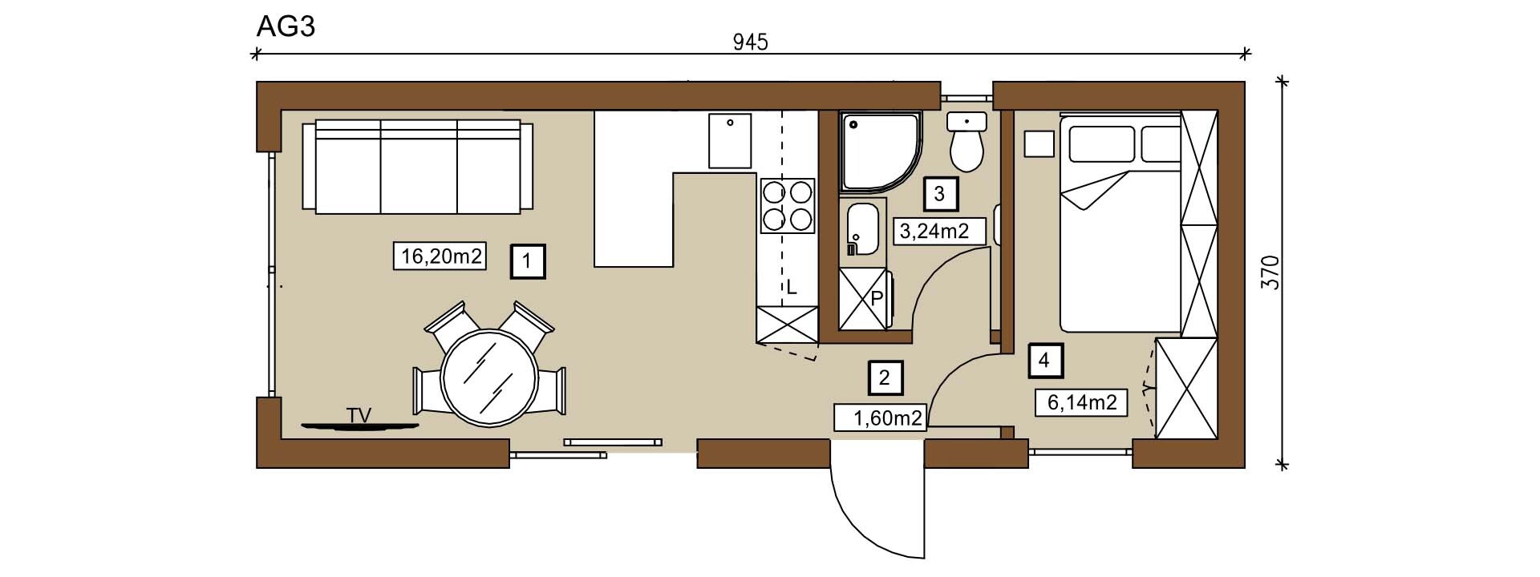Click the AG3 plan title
click(x=286, y=26)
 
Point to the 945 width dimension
click(x=751, y=42)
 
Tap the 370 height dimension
click(x=1270, y=272)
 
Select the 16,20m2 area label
click(x=440, y=256)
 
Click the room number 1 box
click(x=528, y=261)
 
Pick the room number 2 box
click(x=885, y=377)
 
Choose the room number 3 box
click(x=940, y=193)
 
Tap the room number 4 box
click(x=1044, y=361)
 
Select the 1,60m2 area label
click(x=881, y=418)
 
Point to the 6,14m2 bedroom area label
click(x=1082, y=401)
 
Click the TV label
click(x=359, y=415)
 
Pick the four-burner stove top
click(x=787, y=205)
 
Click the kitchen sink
click(x=730, y=141)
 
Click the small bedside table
click(x=1039, y=144)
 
